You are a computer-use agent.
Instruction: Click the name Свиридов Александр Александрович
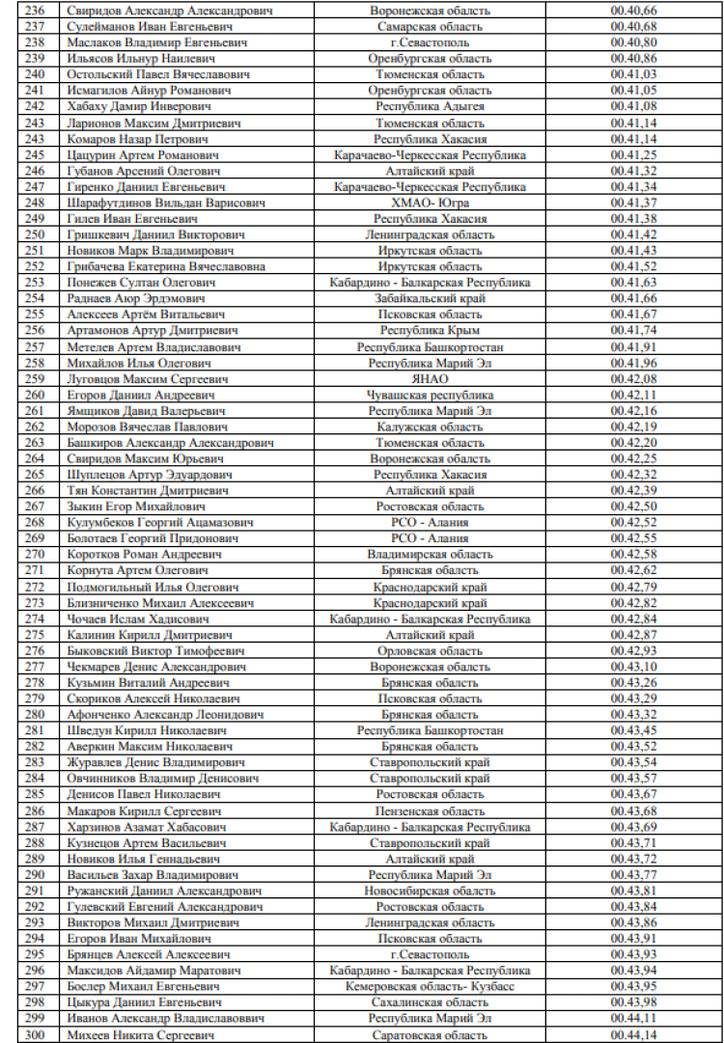(170, 11)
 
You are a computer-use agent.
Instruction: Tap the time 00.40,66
(633, 11)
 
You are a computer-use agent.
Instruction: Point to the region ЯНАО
(430, 379)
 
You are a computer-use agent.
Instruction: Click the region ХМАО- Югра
(430, 203)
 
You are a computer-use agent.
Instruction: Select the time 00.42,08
(633, 379)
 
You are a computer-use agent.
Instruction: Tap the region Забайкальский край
(430, 299)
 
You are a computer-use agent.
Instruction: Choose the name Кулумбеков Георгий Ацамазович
(160, 522)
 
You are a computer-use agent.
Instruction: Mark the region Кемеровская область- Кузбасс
(430, 986)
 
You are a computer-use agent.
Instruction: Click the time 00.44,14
(633, 1035)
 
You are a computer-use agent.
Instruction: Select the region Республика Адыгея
(430, 106)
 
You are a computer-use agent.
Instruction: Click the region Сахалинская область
(430, 1002)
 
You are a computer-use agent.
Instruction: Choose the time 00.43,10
(633, 667)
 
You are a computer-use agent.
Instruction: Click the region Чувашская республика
(430, 395)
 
